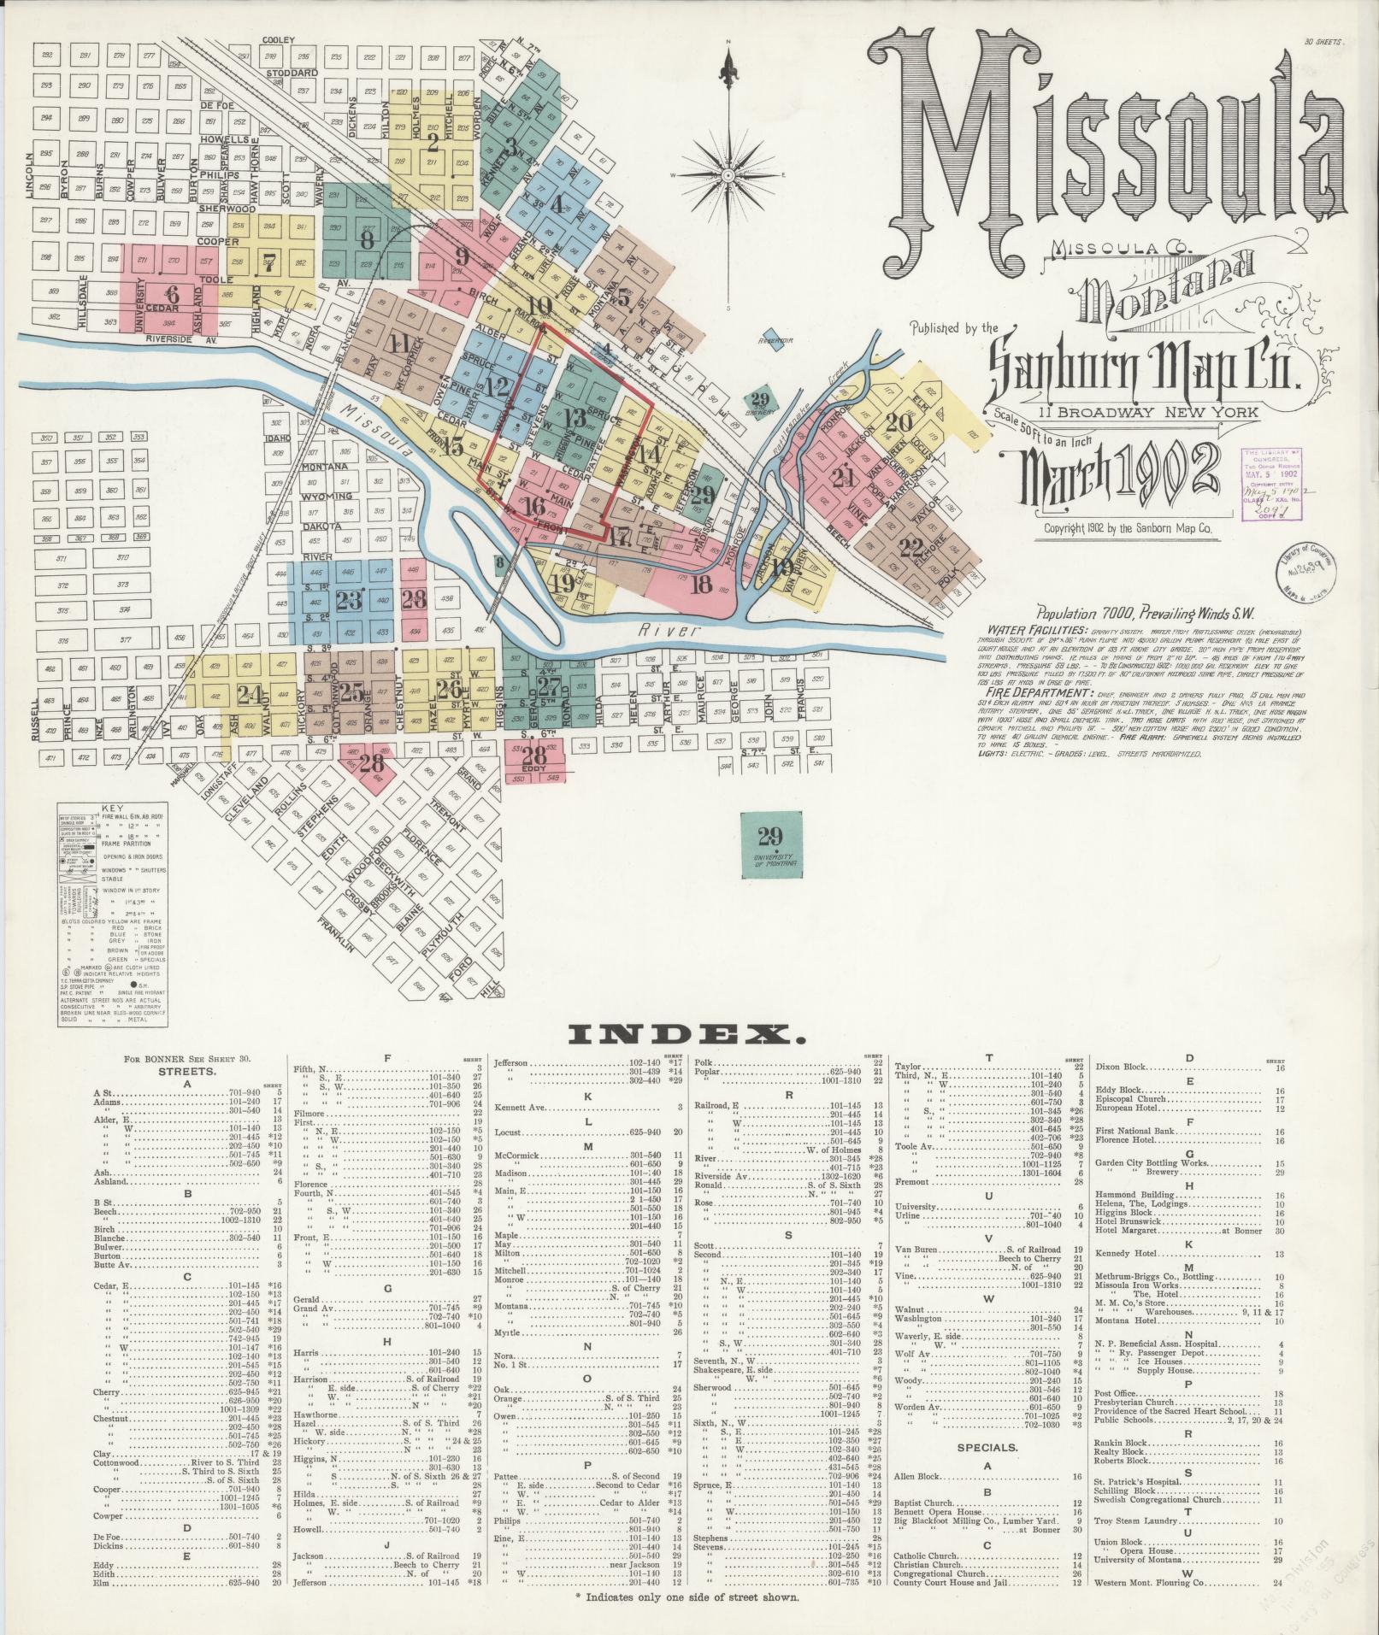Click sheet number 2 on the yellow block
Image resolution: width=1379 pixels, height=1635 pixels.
pos(433,142)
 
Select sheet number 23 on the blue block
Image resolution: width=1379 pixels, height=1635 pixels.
pos(349,600)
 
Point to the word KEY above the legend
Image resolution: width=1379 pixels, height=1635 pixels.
pos(112,808)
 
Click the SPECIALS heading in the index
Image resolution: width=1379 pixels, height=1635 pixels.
pos(987,1447)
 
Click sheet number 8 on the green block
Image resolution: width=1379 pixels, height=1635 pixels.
pos(368,240)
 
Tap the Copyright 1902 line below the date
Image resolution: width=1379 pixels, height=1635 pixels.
pos(1128,529)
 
